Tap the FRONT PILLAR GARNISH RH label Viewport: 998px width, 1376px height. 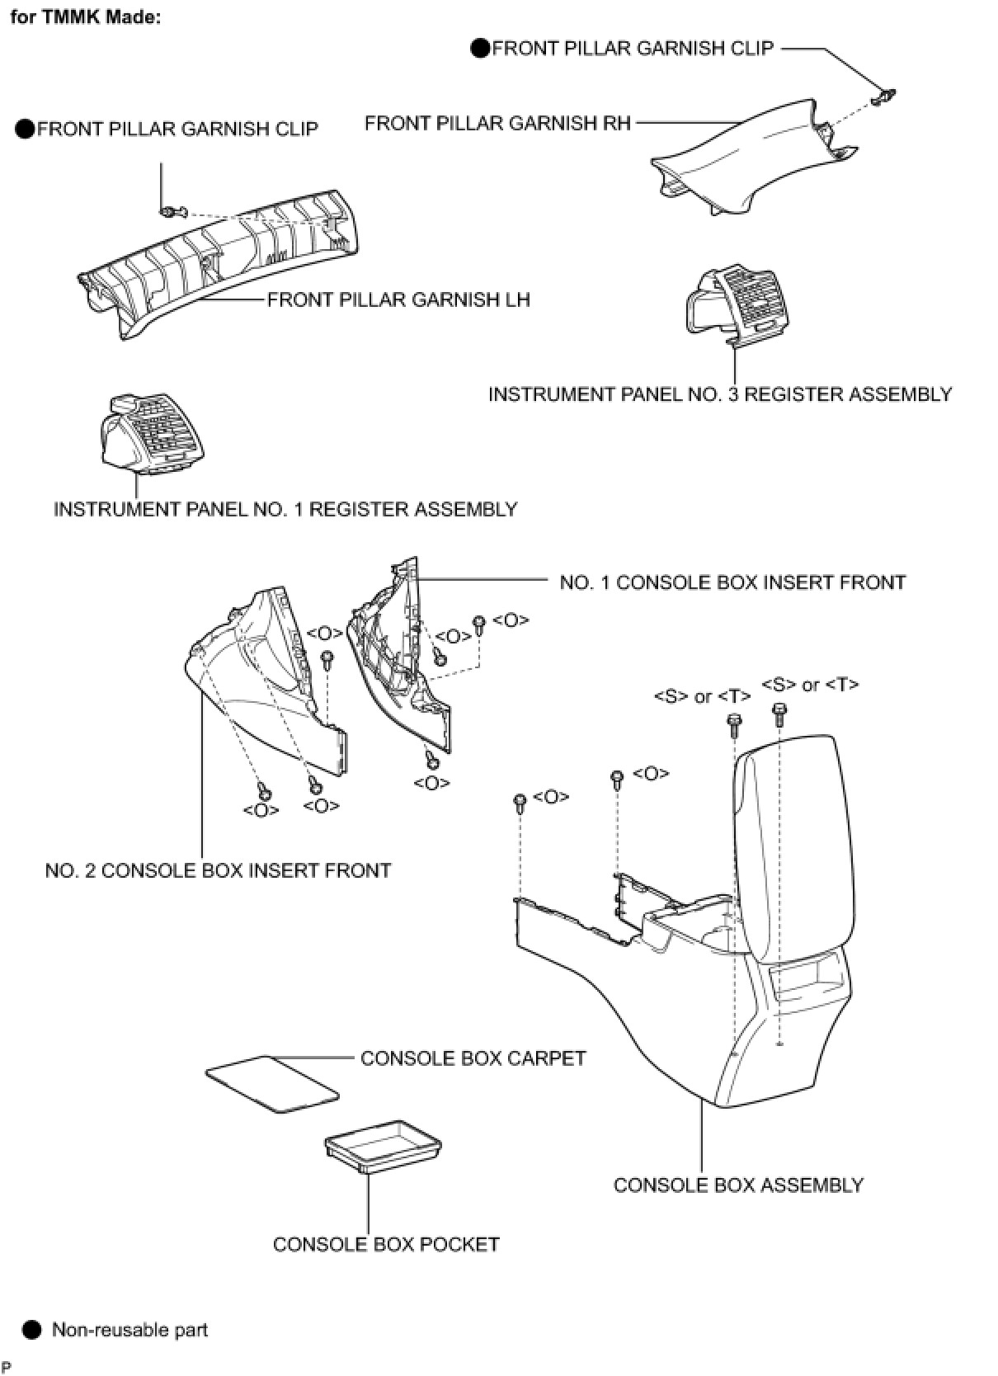pos(497,124)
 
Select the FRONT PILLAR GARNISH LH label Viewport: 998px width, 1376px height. pos(398,299)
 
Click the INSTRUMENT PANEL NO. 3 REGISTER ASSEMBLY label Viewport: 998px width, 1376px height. pos(720,394)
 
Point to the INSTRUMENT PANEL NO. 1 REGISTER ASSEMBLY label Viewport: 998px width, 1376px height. pos(285,509)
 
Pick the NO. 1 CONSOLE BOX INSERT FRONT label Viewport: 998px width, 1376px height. pos(732,582)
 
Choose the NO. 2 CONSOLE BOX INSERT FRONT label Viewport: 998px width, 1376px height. pos(218,870)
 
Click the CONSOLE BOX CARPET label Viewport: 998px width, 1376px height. pos(473,1058)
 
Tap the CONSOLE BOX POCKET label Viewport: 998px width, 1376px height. pos(386,1244)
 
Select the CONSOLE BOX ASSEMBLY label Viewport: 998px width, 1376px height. pos(738,1185)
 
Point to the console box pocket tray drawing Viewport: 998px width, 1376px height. pos(383,1144)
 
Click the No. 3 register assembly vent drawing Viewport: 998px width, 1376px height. pos(731,304)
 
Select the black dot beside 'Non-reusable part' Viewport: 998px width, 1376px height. pos(31,1330)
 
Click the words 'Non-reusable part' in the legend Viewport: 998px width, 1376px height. pos(129,1330)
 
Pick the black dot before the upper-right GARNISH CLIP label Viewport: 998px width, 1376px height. pos(480,49)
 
